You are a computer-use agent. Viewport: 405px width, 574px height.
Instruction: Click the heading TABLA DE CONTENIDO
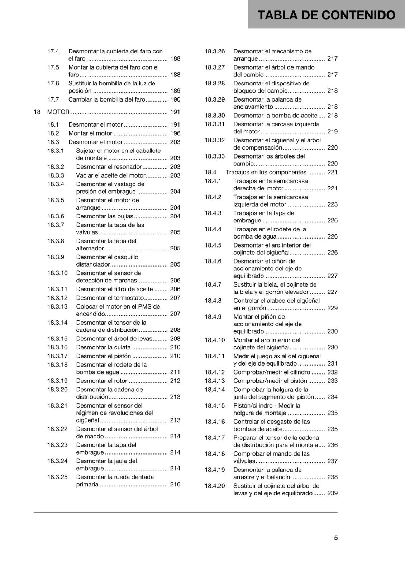point(326,15)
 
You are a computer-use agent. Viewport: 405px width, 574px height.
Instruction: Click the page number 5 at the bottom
point(336,538)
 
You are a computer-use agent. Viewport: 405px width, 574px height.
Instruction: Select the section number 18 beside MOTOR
point(37,112)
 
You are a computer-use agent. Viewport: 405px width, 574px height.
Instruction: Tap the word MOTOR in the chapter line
point(58,112)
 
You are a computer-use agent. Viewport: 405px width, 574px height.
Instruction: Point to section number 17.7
point(53,99)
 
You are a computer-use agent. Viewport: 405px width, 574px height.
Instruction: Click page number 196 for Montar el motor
point(175,133)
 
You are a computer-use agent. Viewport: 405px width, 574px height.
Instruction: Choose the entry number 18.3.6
point(56,216)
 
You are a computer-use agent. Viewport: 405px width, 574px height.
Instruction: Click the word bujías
point(125,216)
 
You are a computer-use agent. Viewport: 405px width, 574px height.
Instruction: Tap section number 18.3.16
point(57,347)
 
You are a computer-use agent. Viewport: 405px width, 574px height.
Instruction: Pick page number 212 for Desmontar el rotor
point(175,381)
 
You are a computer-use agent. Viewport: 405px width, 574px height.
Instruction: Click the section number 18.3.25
point(57,477)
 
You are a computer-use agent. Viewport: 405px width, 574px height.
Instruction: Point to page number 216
point(175,484)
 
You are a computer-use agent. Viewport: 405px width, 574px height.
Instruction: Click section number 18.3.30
point(215,116)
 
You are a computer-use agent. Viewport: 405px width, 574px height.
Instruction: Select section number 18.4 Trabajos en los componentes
point(210,172)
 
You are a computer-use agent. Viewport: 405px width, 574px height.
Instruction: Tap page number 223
point(333,204)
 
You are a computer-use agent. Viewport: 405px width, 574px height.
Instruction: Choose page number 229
point(333,308)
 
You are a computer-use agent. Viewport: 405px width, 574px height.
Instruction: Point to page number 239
point(333,493)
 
